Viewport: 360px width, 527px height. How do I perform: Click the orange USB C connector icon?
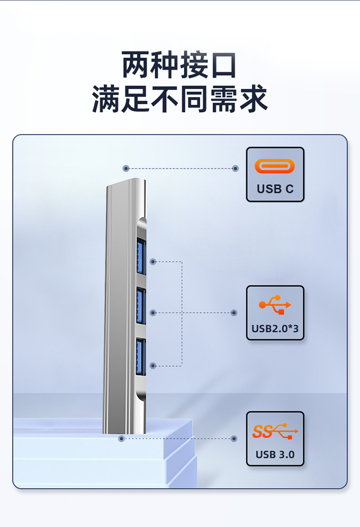click(x=275, y=167)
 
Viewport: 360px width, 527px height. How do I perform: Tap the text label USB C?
click(x=275, y=189)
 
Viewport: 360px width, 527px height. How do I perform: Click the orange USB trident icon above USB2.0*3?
click(x=275, y=305)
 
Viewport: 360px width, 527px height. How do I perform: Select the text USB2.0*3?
click(x=275, y=329)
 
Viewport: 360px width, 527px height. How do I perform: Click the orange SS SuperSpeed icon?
click(x=275, y=431)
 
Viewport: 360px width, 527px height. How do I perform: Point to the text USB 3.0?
click(x=275, y=454)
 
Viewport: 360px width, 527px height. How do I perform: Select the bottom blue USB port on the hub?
click(x=141, y=357)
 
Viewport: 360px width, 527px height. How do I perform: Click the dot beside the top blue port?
click(x=153, y=262)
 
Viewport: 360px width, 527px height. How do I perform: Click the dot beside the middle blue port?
click(x=153, y=313)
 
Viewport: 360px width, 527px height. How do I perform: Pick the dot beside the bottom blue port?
click(x=153, y=366)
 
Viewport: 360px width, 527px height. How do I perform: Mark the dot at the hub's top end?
click(x=126, y=168)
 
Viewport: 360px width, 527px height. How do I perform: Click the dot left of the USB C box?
click(x=235, y=168)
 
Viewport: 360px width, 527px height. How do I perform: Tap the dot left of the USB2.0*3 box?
click(x=234, y=313)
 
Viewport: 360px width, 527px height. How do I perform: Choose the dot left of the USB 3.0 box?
click(x=234, y=439)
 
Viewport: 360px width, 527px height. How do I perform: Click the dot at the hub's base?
click(x=121, y=439)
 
